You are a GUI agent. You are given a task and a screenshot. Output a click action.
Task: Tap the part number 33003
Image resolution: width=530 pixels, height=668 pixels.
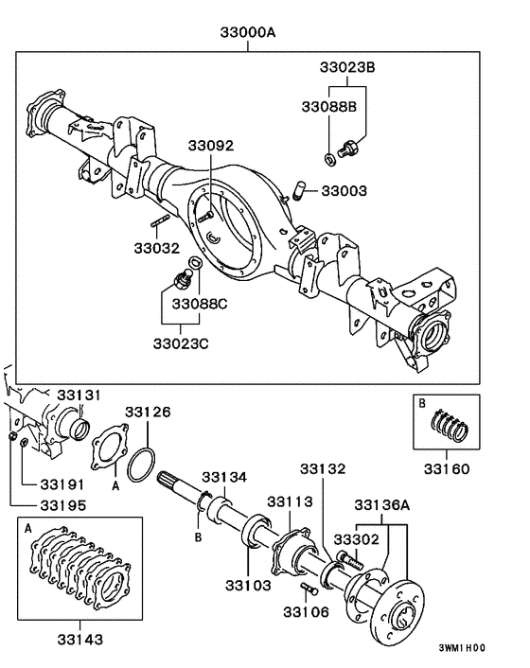pyautogui.click(x=344, y=191)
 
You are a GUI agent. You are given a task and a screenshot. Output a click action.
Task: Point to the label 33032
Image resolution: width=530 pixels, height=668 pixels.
pyautogui.click(x=155, y=250)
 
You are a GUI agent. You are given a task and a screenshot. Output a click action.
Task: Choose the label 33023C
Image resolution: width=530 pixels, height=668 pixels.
pyautogui.click(x=182, y=342)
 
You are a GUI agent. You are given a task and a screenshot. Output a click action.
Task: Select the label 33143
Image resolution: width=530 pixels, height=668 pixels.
pyautogui.click(x=79, y=639)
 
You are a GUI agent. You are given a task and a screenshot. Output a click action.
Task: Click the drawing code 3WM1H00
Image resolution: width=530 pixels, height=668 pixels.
pyautogui.click(x=461, y=649)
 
